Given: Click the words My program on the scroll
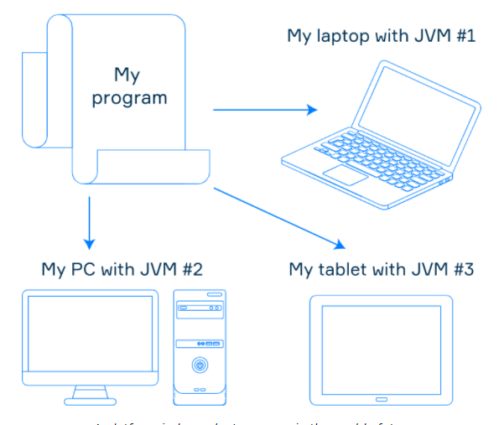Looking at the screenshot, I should click(129, 86).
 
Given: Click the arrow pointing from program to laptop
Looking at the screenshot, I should click(265, 109).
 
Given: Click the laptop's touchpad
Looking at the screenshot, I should click(346, 174).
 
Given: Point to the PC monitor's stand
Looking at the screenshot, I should click(90, 393).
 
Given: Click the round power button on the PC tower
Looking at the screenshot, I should click(200, 365).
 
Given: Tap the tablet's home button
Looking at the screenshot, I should click(381, 397).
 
